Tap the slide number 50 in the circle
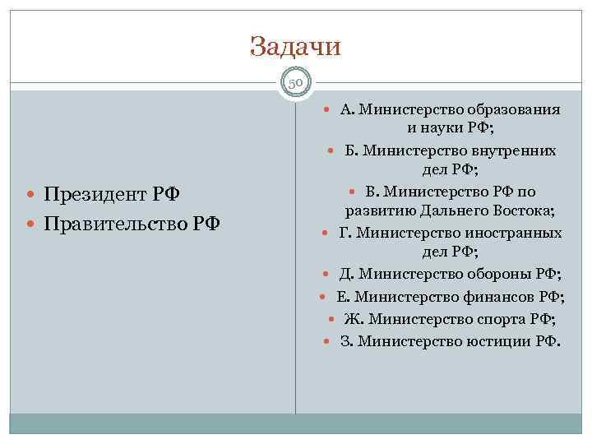click(296, 82)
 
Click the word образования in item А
click(514, 109)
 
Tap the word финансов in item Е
click(503, 297)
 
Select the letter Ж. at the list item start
click(353, 319)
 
